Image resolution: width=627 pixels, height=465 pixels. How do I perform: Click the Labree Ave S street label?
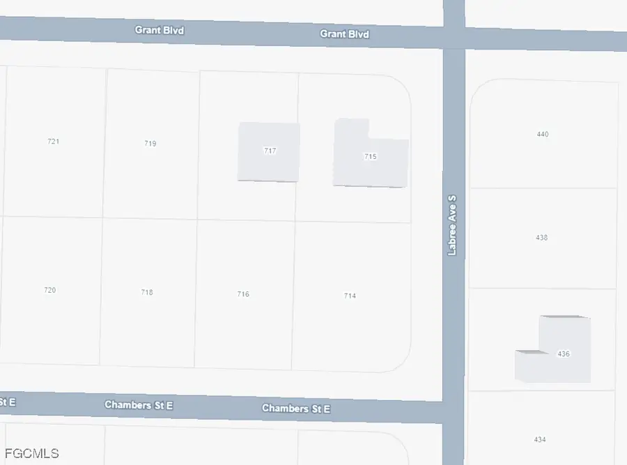[452, 225]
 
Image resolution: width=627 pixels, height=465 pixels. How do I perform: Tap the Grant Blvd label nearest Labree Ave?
[344, 33]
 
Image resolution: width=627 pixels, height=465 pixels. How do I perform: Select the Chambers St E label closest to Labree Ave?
[295, 409]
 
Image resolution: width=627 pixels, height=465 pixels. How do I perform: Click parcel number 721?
[53, 141]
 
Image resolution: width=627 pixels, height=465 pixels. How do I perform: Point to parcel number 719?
[150, 144]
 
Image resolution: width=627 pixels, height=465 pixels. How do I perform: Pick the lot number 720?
[49, 290]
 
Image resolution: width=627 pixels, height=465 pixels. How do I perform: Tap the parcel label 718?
[146, 292]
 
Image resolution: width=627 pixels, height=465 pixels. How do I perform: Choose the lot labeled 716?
[242, 294]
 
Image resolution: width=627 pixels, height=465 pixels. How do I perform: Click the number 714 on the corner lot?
[350, 296]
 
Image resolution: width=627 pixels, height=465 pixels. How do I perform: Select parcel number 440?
[543, 134]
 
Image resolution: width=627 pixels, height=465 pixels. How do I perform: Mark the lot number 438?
[541, 238]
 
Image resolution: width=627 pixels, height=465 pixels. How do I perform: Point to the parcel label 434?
[540, 439]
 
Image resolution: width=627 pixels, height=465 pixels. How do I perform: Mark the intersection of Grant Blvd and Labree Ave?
[454, 37]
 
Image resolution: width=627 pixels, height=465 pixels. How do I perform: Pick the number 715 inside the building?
[370, 157]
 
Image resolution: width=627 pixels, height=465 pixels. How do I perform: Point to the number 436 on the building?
[564, 354]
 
